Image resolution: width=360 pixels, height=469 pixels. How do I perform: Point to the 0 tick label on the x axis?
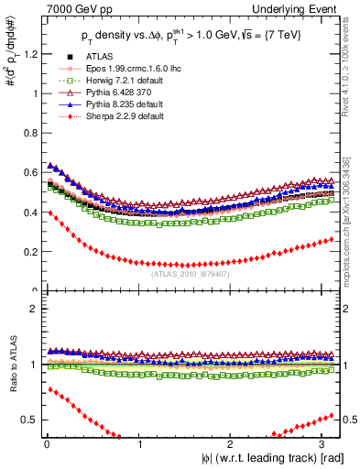point(46,446)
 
